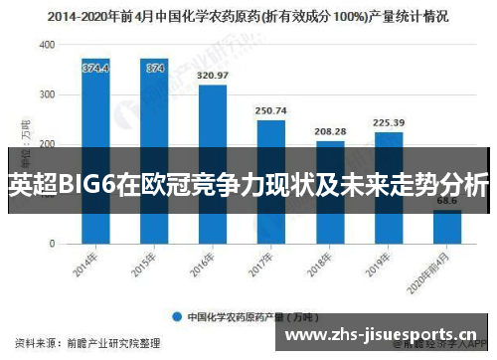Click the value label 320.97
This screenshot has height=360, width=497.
213,76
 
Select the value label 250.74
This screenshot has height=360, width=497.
270,110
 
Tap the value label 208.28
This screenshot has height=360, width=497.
329,131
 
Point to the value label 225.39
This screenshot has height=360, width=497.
388,123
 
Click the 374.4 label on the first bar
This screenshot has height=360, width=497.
95,68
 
